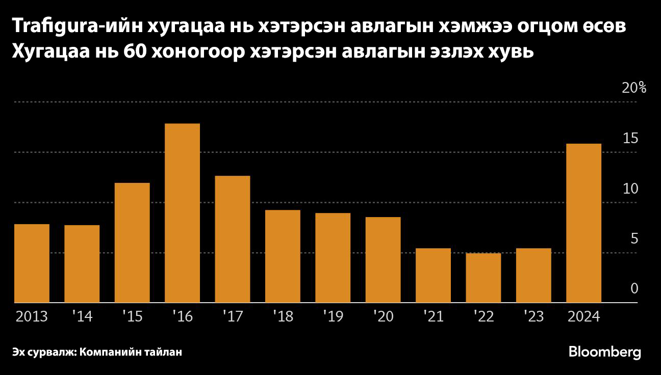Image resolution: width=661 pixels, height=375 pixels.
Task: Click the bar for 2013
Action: (x=32, y=263)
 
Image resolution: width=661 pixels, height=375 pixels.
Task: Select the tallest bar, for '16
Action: (x=182, y=213)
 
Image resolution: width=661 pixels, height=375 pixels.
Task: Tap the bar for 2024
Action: (x=584, y=223)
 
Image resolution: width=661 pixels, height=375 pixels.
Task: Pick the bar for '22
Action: (x=484, y=278)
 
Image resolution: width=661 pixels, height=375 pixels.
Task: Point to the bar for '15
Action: (x=132, y=243)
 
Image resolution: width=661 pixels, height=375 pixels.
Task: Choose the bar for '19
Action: (x=333, y=258)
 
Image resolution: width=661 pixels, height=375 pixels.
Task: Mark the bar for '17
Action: (x=233, y=239)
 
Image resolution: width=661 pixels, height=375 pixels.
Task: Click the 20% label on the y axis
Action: (x=634, y=88)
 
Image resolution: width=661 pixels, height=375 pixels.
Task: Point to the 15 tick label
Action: (x=631, y=138)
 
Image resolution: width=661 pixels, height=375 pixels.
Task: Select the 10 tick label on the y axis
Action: (x=631, y=189)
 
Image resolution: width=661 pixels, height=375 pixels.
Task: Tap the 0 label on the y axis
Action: (x=634, y=289)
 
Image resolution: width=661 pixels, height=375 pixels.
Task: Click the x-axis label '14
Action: (x=82, y=317)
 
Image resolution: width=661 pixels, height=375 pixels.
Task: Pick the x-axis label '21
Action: (x=433, y=317)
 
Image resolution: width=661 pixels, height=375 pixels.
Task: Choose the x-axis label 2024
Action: (x=584, y=317)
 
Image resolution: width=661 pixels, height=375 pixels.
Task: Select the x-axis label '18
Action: (x=283, y=317)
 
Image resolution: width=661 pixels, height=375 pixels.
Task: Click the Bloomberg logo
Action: (x=604, y=352)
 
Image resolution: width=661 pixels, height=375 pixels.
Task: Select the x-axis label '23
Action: (x=533, y=317)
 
